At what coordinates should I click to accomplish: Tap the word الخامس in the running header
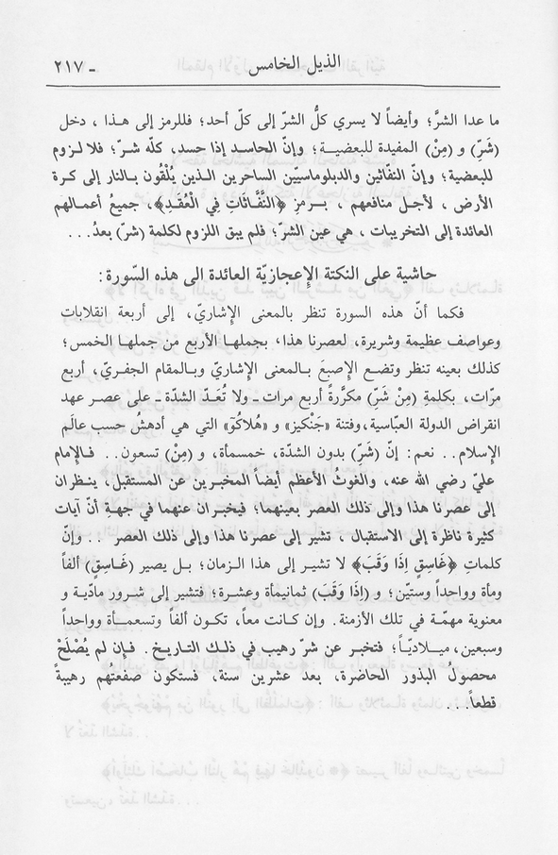[255, 69]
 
